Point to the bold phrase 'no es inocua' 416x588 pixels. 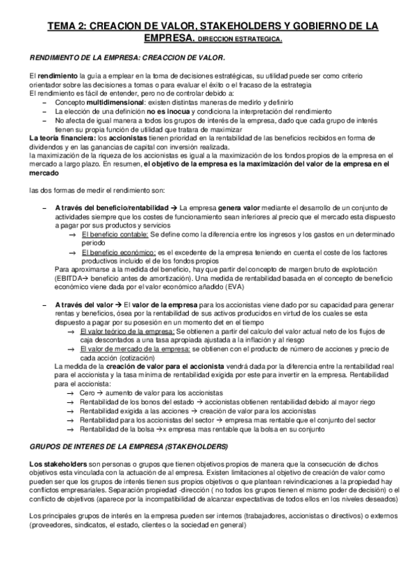pyautogui.click(x=167, y=111)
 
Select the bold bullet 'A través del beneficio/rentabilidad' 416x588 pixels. pyautogui.click(x=111, y=207)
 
